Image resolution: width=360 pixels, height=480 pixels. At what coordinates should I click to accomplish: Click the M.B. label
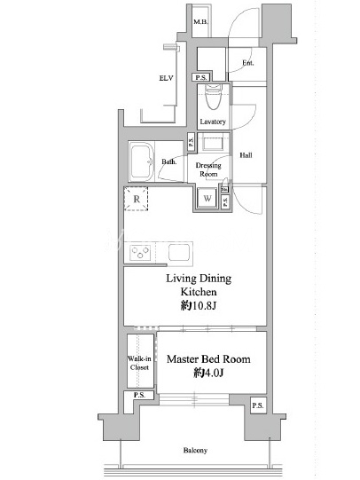[x=200, y=22]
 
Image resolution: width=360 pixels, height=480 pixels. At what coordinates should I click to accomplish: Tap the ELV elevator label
[x=166, y=78]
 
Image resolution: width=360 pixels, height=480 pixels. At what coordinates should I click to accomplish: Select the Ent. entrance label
[x=248, y=63]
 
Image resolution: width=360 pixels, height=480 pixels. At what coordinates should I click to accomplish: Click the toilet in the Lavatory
[x=214, y=97]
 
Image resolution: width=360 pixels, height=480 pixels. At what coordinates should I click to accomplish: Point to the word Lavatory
[x=213, y=122]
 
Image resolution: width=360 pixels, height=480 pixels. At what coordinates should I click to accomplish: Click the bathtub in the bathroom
[x=141, y=161]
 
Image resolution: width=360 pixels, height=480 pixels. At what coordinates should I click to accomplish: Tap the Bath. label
[x=169, y=161]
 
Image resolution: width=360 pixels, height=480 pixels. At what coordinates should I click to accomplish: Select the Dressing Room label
[x=208, y=169]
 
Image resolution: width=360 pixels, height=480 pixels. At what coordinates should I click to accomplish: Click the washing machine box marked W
[x=207, y=199]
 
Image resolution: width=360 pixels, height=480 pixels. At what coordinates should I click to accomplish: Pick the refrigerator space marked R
[x=137, y=199]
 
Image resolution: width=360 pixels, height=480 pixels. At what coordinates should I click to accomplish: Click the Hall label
[x=246, y=155]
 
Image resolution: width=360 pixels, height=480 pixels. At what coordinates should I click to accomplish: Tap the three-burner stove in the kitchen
[x=140, y=253]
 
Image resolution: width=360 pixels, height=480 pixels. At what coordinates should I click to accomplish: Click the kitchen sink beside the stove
[x=181, y=252]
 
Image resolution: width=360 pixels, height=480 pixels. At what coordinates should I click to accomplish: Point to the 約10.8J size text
[x=199, y=305]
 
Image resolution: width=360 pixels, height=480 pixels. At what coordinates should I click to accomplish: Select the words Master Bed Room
[x=208, y=359]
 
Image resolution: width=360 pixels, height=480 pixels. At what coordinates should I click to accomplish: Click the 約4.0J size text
[x=208, y=373]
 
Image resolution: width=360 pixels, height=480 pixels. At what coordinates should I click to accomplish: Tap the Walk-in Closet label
[x=139, y=363]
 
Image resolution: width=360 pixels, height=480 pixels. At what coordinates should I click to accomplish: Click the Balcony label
[x=195, y=451]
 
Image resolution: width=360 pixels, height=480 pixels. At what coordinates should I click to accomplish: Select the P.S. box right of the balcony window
[x=258, y=405]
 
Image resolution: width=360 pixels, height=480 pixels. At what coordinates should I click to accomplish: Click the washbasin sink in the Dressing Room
[x=213, y=144]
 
